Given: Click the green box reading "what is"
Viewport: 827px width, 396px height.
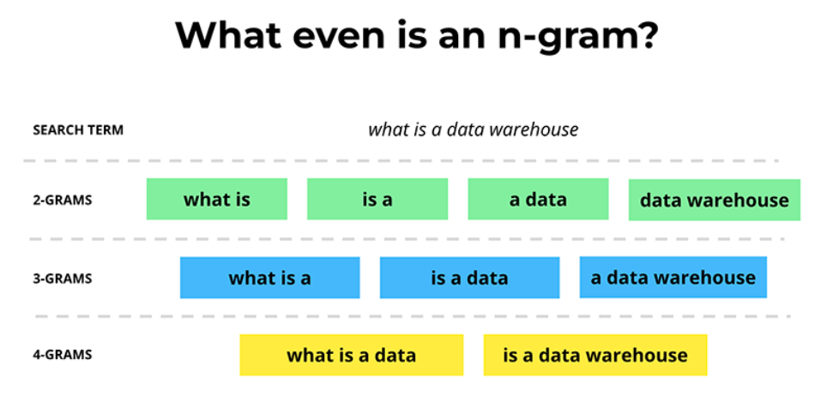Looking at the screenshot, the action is pos(217,199).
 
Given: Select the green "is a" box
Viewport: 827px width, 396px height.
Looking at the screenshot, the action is pos(377,199).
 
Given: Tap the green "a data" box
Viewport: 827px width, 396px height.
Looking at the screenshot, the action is pos(538,199).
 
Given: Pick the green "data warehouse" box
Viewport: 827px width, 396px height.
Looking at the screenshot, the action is pos(715,200).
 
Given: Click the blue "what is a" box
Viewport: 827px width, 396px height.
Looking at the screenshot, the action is pos(270,278).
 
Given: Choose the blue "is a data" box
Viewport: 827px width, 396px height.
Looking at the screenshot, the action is pos(469,278).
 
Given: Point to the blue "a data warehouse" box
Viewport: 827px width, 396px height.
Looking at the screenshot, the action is pos(673,278).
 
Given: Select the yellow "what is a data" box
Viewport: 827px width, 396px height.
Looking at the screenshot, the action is pos(352,355).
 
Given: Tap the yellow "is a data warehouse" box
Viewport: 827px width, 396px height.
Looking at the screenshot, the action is pos(595,355).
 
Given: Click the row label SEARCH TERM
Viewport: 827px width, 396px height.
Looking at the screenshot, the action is pos(78,130).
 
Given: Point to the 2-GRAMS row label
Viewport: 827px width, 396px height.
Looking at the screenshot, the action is pos(63,201).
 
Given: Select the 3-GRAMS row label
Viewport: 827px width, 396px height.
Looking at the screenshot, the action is pos(63,278).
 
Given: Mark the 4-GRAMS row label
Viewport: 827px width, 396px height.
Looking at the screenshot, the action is pos(63,355).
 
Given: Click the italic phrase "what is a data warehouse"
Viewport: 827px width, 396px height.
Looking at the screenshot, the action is pos(473,129).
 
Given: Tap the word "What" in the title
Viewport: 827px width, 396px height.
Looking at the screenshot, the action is pos(229,35).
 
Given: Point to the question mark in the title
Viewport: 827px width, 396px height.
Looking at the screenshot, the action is pos(645,35).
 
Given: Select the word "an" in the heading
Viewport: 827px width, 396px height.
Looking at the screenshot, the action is pos(454,39).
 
